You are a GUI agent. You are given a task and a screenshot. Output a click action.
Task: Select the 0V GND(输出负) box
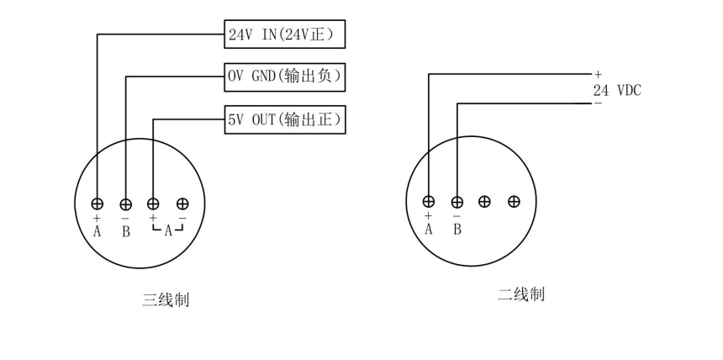(x=286, y=77)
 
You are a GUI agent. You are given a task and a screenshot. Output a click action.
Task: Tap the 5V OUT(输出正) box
(x=286, y=120)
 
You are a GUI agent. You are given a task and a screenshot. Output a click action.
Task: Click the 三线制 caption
(x=165, y=299)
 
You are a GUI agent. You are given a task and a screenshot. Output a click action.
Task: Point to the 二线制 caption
(x=521, y=294)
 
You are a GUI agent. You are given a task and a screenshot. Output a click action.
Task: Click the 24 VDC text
(x=617, y=90)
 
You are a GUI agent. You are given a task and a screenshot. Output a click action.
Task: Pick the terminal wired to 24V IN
(x=98, y=204)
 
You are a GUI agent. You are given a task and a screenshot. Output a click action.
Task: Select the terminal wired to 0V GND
(x=126, y=204)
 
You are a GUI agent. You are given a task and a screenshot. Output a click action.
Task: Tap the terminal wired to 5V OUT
(x=154, y=204)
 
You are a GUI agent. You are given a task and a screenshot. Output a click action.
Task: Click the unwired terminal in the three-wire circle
(x=182, y=204)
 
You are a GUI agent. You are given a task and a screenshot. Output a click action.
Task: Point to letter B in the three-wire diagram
(x=126, y=231)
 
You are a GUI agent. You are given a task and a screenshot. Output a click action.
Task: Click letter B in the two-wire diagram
(x=457, y=229)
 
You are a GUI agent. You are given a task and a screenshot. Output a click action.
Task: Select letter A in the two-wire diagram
(x=429, y=229)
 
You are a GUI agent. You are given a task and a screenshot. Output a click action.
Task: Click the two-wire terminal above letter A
(x=429, y=202)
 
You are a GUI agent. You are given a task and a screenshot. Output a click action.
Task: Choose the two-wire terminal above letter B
(x=457, y=202)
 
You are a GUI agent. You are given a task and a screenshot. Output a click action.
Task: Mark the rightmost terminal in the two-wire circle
(x=514, y=202)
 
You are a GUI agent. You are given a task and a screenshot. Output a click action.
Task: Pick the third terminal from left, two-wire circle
(x=485, y=202)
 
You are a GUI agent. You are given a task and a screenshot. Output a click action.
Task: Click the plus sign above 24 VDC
(x=598, y=76)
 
